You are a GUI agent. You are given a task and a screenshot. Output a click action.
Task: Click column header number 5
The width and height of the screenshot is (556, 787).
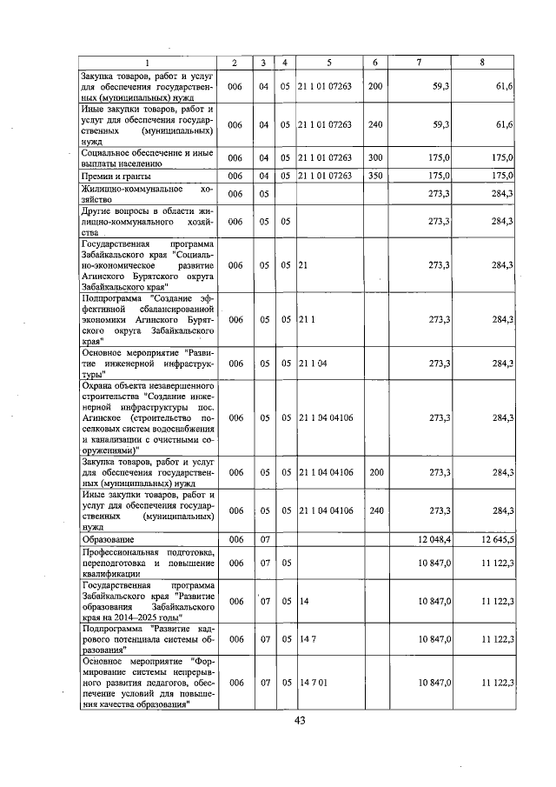(x=329, y=63)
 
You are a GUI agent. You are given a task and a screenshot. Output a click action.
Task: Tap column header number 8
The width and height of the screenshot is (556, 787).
(x=482, y=63)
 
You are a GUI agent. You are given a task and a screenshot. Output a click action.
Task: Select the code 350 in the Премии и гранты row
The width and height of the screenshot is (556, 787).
(x=374, y=177)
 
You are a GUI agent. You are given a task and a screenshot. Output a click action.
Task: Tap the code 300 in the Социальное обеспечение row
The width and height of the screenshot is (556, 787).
(x=374, y=157)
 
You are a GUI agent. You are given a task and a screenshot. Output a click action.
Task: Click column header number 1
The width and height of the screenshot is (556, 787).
(x=147, y=63)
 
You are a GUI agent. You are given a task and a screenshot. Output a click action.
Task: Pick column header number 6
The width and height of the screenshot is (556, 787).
(x=374, y=63)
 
